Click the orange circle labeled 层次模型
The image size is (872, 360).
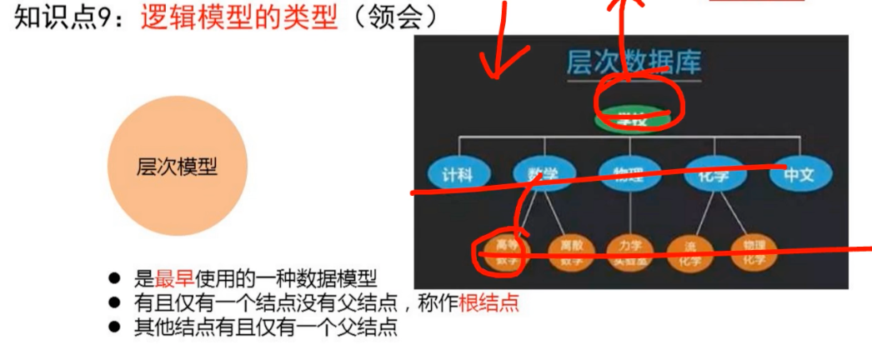[177, 167]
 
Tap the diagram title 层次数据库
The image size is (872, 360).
[634, 62]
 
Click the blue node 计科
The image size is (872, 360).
[457, 175]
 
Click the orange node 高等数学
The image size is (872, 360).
[508, 252]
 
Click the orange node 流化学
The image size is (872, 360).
[692, 252]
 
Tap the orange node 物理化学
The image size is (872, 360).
[754, 252]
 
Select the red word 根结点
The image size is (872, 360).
[489, 302]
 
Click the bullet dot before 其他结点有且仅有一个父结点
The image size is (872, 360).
[115, 327]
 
